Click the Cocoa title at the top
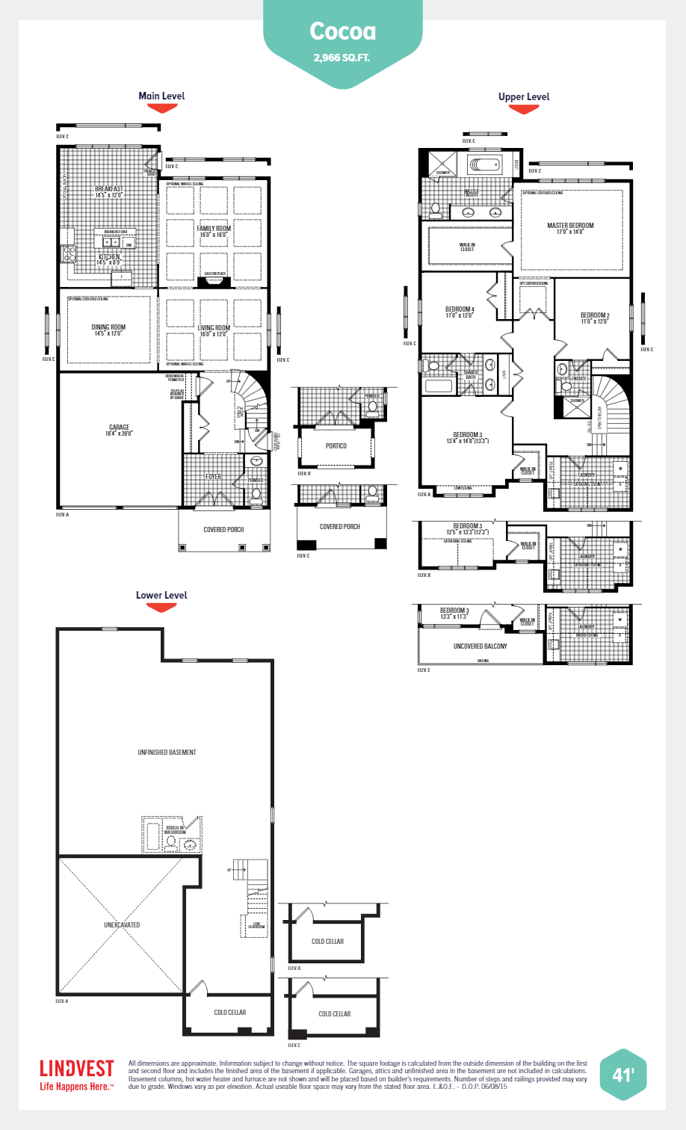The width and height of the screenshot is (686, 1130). (343, 31)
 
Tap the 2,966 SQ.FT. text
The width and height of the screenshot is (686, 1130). (342, 58)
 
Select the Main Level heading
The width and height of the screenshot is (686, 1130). (161, 96)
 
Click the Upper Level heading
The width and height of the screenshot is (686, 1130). (524, 96)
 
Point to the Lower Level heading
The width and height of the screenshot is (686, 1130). (161, 595)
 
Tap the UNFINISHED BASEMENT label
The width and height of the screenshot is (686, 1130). (167, 753)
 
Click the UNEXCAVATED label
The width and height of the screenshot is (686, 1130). (122, 924)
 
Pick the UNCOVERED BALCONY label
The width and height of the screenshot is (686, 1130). (480, 646)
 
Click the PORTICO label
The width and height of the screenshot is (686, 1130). (336, 445)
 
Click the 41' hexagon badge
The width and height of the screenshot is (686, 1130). (622, 1075)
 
